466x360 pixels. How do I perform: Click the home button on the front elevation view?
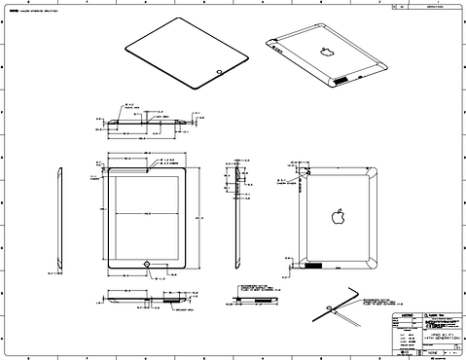tap(146, 262)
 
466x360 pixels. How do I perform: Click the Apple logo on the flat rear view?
tap(338, 215)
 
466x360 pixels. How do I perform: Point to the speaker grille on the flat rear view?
tap(314, 264)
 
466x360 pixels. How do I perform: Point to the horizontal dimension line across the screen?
tap(146, 211)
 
